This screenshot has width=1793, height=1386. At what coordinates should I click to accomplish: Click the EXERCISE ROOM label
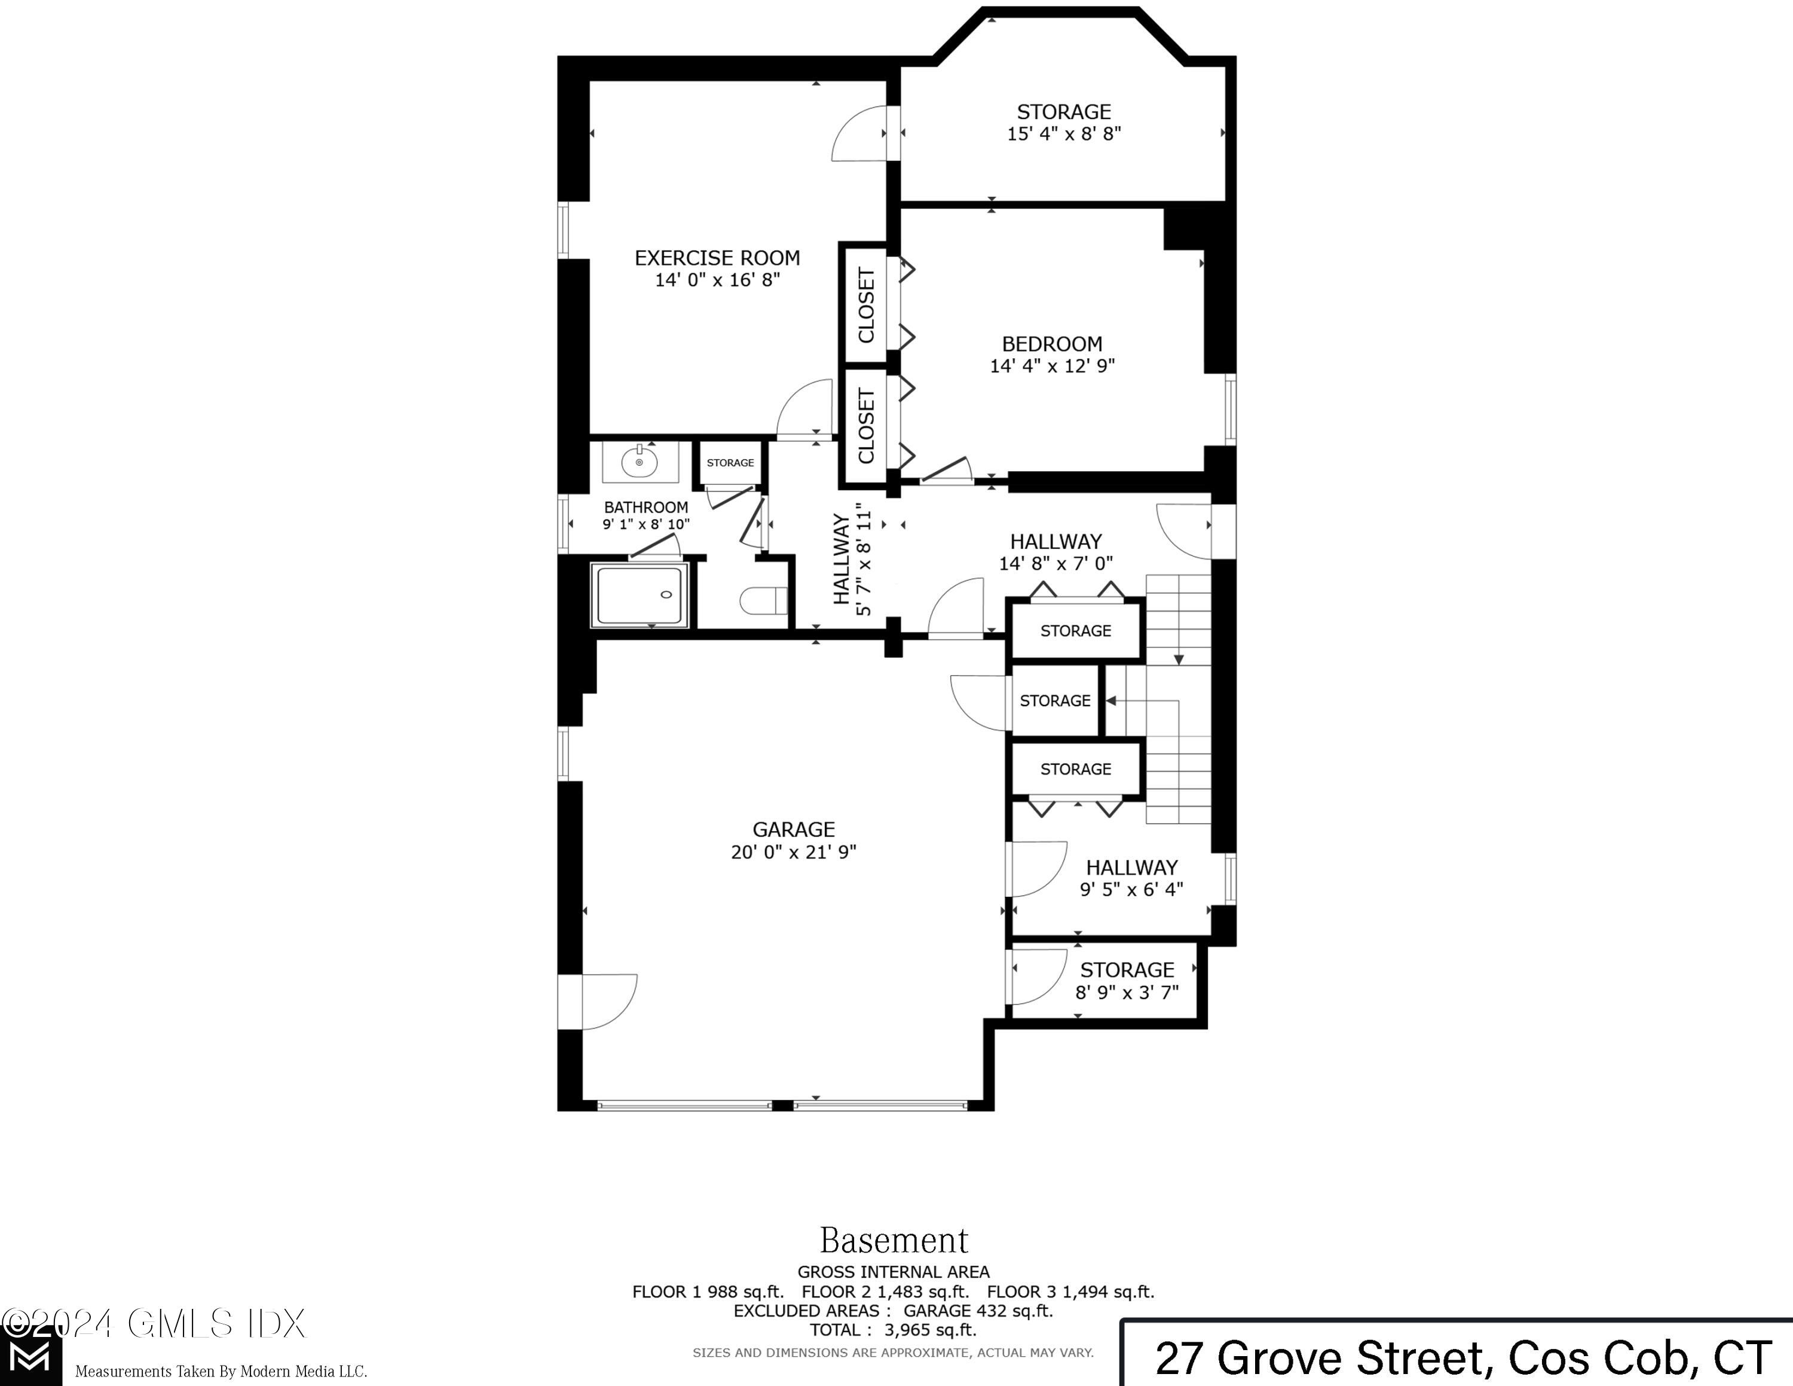717,258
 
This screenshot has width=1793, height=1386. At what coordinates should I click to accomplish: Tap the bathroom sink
640,463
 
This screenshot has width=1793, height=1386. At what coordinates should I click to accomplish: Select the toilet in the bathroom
763,601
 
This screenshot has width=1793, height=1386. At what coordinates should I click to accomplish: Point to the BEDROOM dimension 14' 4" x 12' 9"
1052,366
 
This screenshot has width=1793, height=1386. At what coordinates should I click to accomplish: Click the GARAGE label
793,829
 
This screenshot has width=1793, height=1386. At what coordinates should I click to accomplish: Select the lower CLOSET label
866,426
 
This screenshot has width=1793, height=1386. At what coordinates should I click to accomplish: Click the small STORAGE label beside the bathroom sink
730,463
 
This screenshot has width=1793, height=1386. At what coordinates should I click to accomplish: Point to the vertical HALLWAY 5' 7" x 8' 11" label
851,559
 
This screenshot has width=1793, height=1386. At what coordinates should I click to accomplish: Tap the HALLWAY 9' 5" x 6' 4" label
1131,878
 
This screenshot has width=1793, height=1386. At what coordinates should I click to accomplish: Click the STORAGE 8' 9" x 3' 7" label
1127,981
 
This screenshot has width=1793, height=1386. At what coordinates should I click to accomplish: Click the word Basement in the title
894,1240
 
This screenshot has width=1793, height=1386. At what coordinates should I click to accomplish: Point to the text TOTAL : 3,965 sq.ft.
894,1330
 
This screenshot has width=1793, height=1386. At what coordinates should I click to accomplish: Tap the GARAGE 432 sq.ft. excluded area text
977,1311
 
